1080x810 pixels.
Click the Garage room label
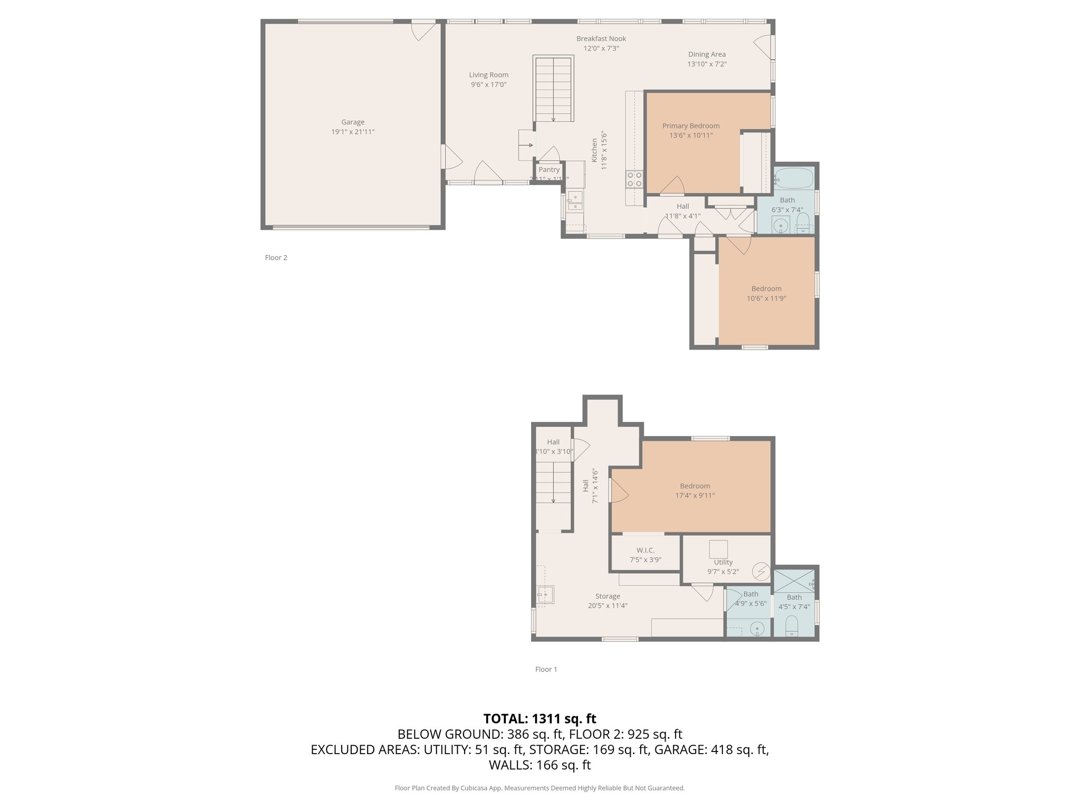coord(352,122)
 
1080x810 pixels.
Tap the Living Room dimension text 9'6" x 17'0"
coord(488,84)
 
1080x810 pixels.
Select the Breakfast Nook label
coord(601,38)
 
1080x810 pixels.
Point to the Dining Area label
coord(707,54)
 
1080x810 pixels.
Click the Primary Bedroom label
coord(691,126)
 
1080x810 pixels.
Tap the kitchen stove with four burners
coord(634,179)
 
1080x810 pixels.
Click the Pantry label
coord(549,170)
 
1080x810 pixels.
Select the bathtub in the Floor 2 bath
coord(794,178)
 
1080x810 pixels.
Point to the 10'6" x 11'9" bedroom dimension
coord(766,298)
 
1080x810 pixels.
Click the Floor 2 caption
coord(276,257)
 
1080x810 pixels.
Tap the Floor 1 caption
coord(546,669)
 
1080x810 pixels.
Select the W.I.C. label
coord(645,550)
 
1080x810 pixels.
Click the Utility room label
coord(723,562)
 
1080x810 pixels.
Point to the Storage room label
coord(607,596)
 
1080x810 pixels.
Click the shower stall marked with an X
coord(794,581)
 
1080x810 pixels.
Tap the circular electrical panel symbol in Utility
coord(761,571)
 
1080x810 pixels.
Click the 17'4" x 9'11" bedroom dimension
coord(695,495)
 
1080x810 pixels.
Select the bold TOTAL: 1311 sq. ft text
coord(539,718)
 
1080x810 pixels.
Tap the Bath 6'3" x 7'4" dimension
coord(787,209)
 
